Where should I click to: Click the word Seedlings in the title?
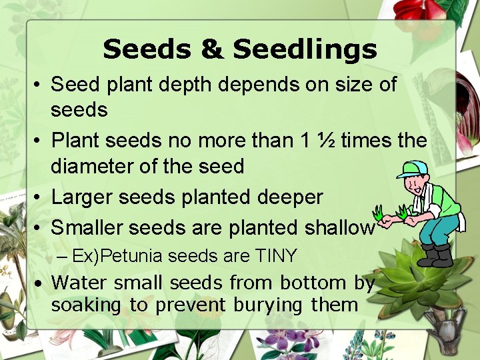coord(305,50)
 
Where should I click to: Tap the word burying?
coord(269,306)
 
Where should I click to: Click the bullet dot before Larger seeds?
coord(39,197)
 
